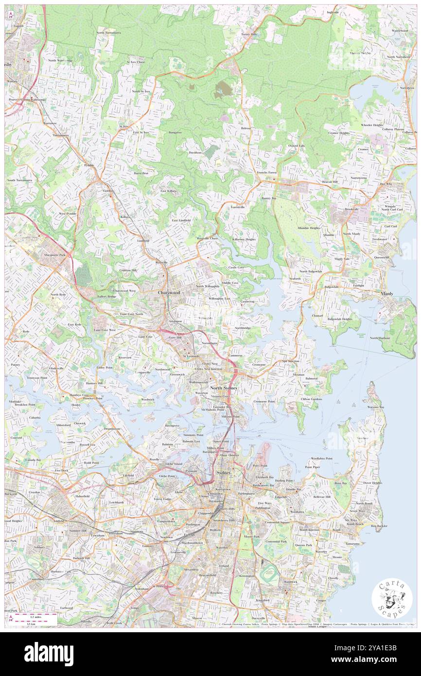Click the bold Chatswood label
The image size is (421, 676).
[169, 293]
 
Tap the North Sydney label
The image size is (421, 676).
[224, 388]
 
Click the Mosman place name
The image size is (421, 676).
[298, 375]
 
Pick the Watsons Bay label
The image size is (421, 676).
[376, 407]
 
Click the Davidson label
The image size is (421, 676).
[195, 152]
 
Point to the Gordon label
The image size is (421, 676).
[108, 191]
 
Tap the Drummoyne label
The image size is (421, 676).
[112, 428]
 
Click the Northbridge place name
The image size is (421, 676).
[243, 328]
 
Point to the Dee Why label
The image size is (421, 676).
[386, 184]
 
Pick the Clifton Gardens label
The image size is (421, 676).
[311, 399]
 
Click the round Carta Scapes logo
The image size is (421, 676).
[392, 598]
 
